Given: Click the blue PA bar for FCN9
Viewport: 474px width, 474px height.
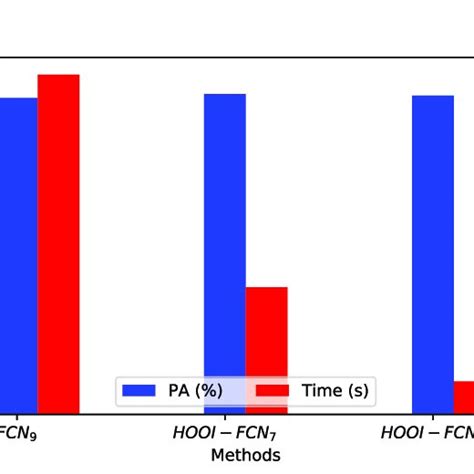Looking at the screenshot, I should click(18, 255).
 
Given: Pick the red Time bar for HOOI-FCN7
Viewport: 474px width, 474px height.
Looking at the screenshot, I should click(266, 350).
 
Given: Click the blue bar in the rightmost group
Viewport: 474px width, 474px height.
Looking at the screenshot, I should click(432, 254).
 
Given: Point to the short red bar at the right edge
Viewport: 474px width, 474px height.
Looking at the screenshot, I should click(463, 396).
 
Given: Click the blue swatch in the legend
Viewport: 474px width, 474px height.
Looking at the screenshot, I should click(136, 391).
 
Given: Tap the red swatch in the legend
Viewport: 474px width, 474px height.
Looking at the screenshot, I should click(274, 391).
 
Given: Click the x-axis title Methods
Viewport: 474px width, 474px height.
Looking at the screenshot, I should click(245, 454).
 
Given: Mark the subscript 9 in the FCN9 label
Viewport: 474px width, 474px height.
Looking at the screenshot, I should click(37, 437).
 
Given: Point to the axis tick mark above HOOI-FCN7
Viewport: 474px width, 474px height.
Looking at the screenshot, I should click(246, 417).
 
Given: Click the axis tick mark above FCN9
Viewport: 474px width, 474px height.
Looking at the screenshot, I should click(38, 417).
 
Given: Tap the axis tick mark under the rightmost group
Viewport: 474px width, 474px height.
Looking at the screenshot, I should click(453, 417).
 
